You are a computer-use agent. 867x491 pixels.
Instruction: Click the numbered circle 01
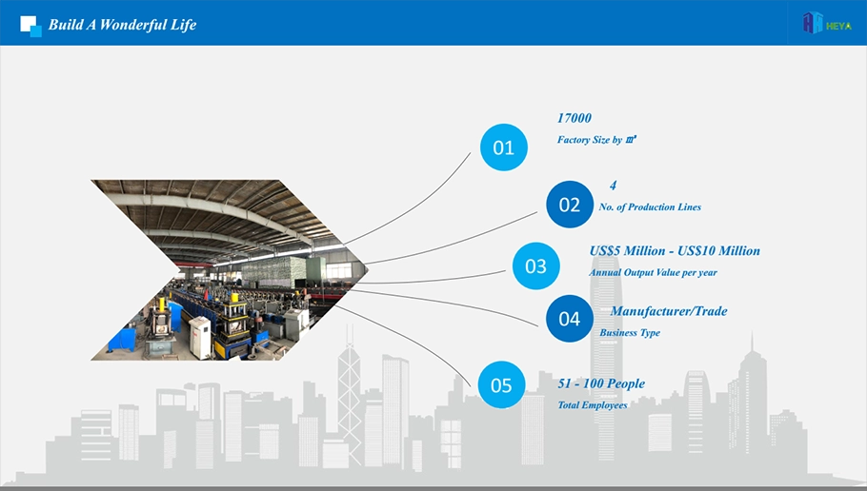(504, 147)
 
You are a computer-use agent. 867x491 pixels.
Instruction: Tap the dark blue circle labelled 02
(570, 205)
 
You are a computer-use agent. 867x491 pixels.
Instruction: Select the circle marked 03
(535, 265)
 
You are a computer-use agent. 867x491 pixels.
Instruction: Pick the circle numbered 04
(570, 319)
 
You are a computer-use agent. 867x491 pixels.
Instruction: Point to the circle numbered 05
(501, 385)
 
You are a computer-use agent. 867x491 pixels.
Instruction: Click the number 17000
(575, 118)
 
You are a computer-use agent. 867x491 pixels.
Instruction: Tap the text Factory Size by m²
(596, 140)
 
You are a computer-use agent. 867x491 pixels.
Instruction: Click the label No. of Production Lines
(650, 207)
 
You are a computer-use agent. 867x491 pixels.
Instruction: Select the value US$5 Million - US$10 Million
(675, 251)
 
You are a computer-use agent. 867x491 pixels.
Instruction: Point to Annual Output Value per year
(653, 272)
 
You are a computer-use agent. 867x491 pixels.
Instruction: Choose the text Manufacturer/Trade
(669, 311)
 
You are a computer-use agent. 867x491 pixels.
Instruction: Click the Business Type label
(630, 332)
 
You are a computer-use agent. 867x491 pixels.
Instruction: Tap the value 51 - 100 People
(601, 383)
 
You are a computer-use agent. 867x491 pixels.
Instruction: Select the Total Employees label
(593, 404)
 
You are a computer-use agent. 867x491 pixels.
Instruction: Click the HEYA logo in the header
(827, 23)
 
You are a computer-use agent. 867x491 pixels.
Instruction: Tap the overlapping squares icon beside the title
(30, 26)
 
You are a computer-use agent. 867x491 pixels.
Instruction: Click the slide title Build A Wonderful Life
(122, 25)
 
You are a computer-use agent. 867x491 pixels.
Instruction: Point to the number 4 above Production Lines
(613, 186)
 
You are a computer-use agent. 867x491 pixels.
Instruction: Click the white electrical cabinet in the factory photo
(200, 336)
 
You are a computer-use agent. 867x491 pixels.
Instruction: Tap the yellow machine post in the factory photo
(162, 304)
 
